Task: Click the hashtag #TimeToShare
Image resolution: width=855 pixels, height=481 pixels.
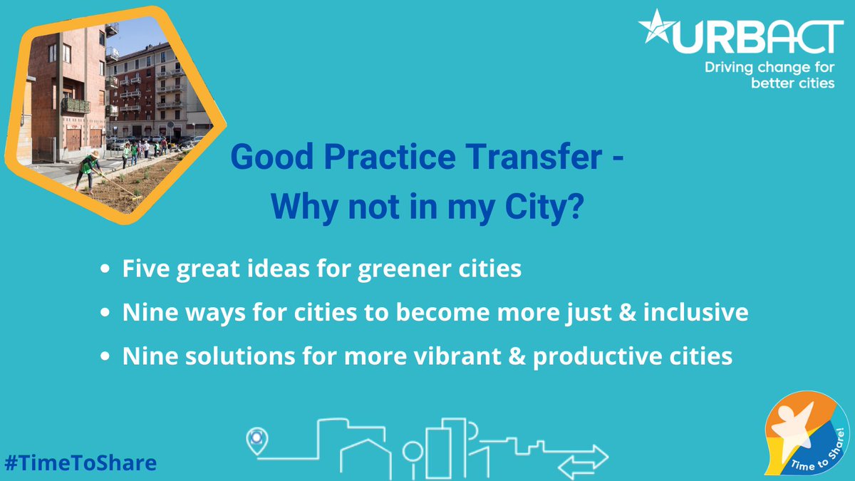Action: click(x=80, y=462)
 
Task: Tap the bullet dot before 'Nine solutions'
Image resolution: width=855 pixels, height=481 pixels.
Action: click(x=105, y=357)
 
